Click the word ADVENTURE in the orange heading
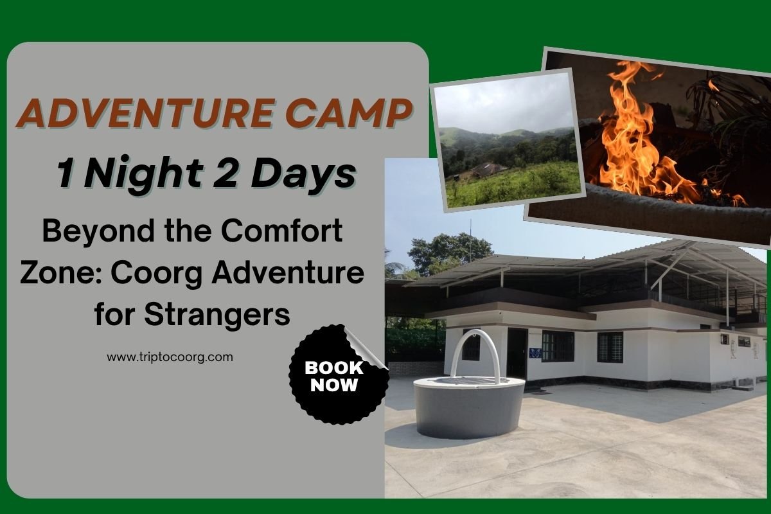click(146, 113)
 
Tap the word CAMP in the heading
click(349, 113)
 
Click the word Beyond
click(98, 231)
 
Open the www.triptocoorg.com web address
click(170, 357)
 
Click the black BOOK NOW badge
click(337, 375)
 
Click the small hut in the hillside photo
click(488, 170)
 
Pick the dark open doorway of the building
click(517, 353)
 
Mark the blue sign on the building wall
click(535, 353)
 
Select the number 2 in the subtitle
click(226, 172)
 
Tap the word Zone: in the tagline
click(62, 273)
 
